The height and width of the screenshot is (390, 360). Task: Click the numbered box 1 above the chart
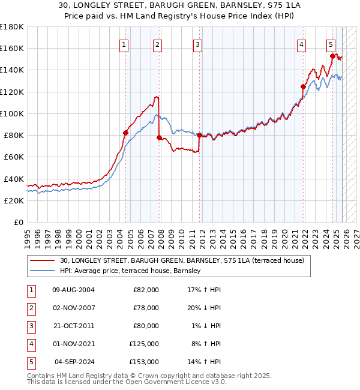(x=124, y=44)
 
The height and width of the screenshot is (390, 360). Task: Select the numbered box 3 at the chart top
(x=197, y=44)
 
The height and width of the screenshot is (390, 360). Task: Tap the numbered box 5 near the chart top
(x=331, y=44)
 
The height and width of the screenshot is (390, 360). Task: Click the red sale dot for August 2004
(x=126, y=133)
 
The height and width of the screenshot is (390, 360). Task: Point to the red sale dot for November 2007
(x=160, y=137)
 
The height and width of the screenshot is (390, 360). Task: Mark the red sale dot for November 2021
(x=303, y=86)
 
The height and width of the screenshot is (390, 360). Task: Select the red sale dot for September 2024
(x=332, y=56)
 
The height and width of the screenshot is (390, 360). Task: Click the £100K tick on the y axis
(x=12, y=113)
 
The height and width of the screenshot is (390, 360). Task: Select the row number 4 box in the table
(x=30, y=344)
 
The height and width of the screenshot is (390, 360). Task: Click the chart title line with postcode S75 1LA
(x=180, y=5)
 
